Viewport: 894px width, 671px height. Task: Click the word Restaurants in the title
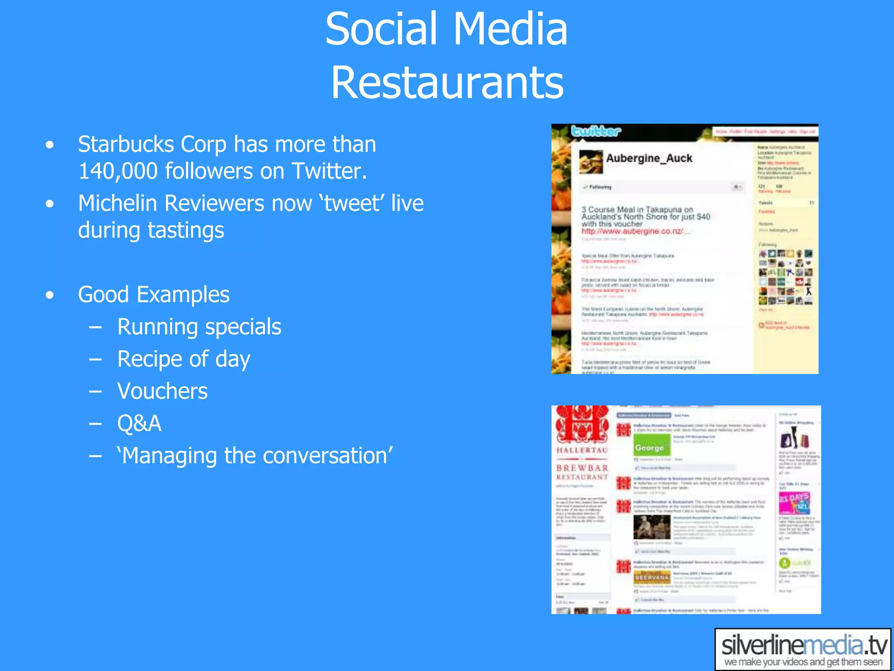tap(447, 82)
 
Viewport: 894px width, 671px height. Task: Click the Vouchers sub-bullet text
tap(162, 391)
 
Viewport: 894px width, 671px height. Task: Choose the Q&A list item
tap(139, 423)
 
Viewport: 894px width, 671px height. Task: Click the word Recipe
tap(150, 359)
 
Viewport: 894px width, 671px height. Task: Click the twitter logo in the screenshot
tap(596, 131)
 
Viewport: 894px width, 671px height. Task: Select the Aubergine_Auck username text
tap(649, 158)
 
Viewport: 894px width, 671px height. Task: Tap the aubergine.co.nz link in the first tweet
tap(635, 231)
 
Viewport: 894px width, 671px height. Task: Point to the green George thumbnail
tap(652, 446)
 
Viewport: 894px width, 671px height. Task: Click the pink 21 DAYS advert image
tap(794, 502)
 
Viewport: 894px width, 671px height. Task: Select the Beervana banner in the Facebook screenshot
tap(652, 578)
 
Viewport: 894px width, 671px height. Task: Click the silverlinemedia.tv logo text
tap(804, 646)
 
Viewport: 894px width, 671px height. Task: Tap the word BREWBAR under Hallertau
tap(582, 468)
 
